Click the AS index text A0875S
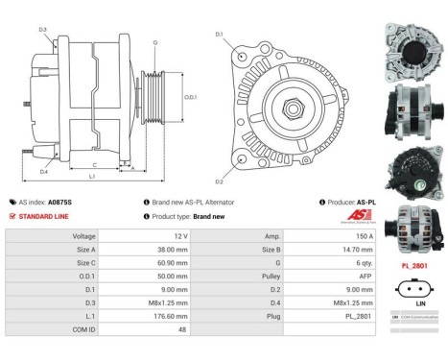click(60, 203)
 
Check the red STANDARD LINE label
click(46, 216)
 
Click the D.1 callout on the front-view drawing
click(220, 36)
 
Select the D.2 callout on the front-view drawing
click(220, 181)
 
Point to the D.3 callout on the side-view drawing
click(43, 30)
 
